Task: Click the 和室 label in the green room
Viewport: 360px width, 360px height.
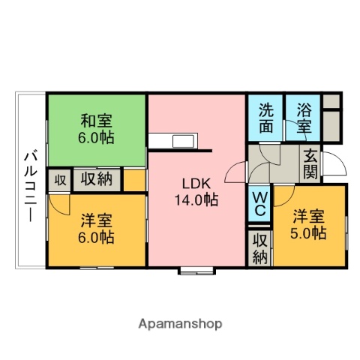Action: pyautogui.click(x=97, y=120)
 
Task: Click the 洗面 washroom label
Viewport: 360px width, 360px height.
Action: pyautogui.click(x=266, y=117)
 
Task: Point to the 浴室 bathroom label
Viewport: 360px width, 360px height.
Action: pyautogui.click(x=303, y=117)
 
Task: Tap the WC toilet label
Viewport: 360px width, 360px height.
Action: pyautogui.click(x=259, y=203)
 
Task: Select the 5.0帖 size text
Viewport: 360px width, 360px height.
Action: pyautogui.click(x=309, y=232)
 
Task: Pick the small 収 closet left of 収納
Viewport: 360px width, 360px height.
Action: pyautogui.click(x=58, y=180)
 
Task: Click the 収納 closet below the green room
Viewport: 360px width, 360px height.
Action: pyautogui.click(x=97, y=180)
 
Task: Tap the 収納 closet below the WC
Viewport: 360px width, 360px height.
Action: pyautogui.click(x=259, y=248)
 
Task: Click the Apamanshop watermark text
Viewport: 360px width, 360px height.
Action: pyautogui.click(x=180, y=324)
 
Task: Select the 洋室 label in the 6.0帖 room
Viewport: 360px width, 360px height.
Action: pyautogui.click(x=97, y=221)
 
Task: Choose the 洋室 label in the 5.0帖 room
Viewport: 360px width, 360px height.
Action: pyautogui.click(x=309, y=215)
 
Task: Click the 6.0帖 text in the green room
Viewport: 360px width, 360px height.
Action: pyautogui.click(x=97, y=137)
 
